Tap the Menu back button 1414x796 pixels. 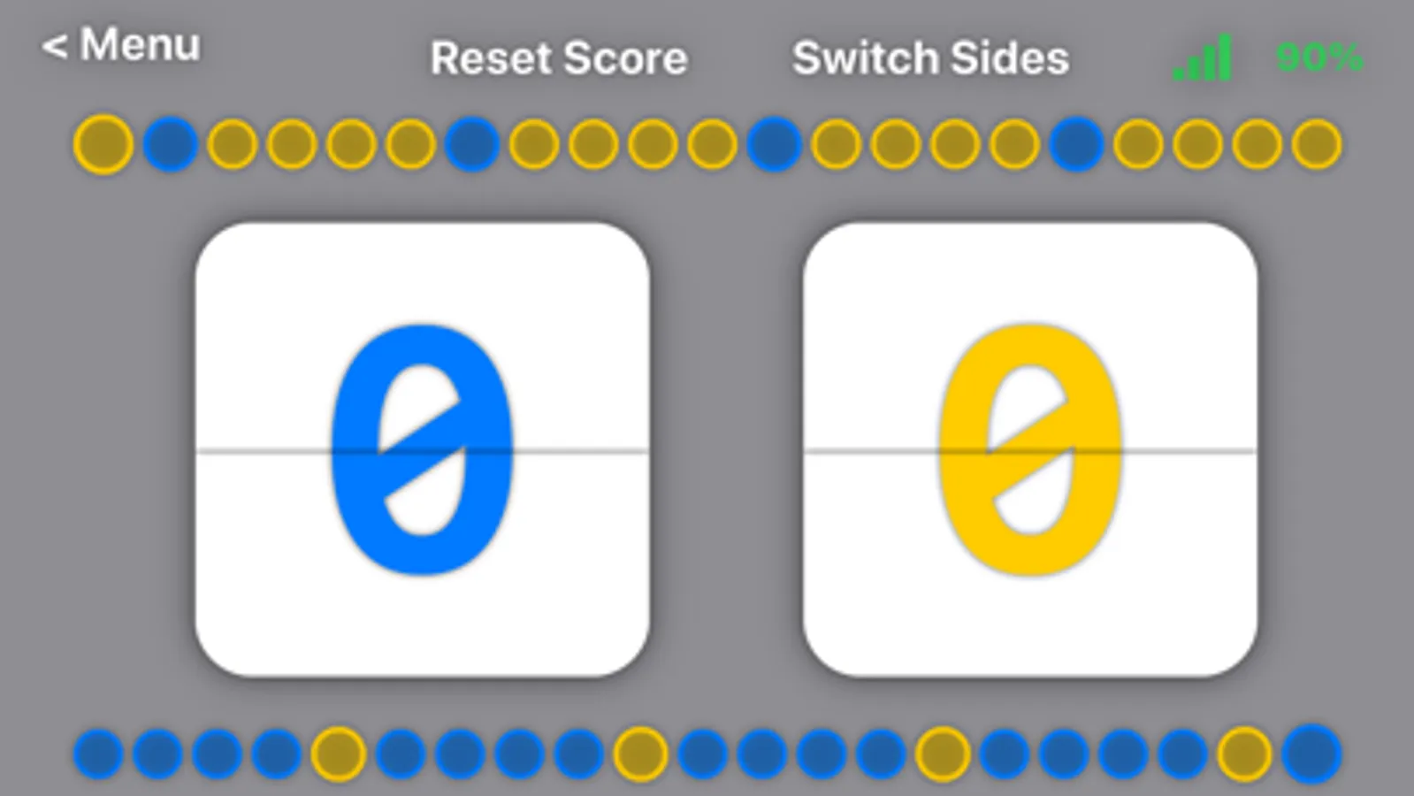[122, 45]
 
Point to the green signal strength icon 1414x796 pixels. [1203, 59]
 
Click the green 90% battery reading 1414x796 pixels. [1318, 58]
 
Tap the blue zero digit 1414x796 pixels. [422, 450]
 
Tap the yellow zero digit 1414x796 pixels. [1030, 450]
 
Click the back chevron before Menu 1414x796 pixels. [55, 47]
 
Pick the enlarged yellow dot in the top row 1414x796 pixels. [103, 144]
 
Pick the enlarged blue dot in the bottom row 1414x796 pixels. [1311, 754]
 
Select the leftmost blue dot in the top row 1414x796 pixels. [171, 144]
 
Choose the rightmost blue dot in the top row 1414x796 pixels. [1076, 144]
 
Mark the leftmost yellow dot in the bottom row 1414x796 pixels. [338, 754]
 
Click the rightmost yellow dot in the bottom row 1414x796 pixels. [1244, 754]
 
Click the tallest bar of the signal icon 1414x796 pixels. [1224, 57]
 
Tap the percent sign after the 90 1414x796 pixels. [1344, 58]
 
